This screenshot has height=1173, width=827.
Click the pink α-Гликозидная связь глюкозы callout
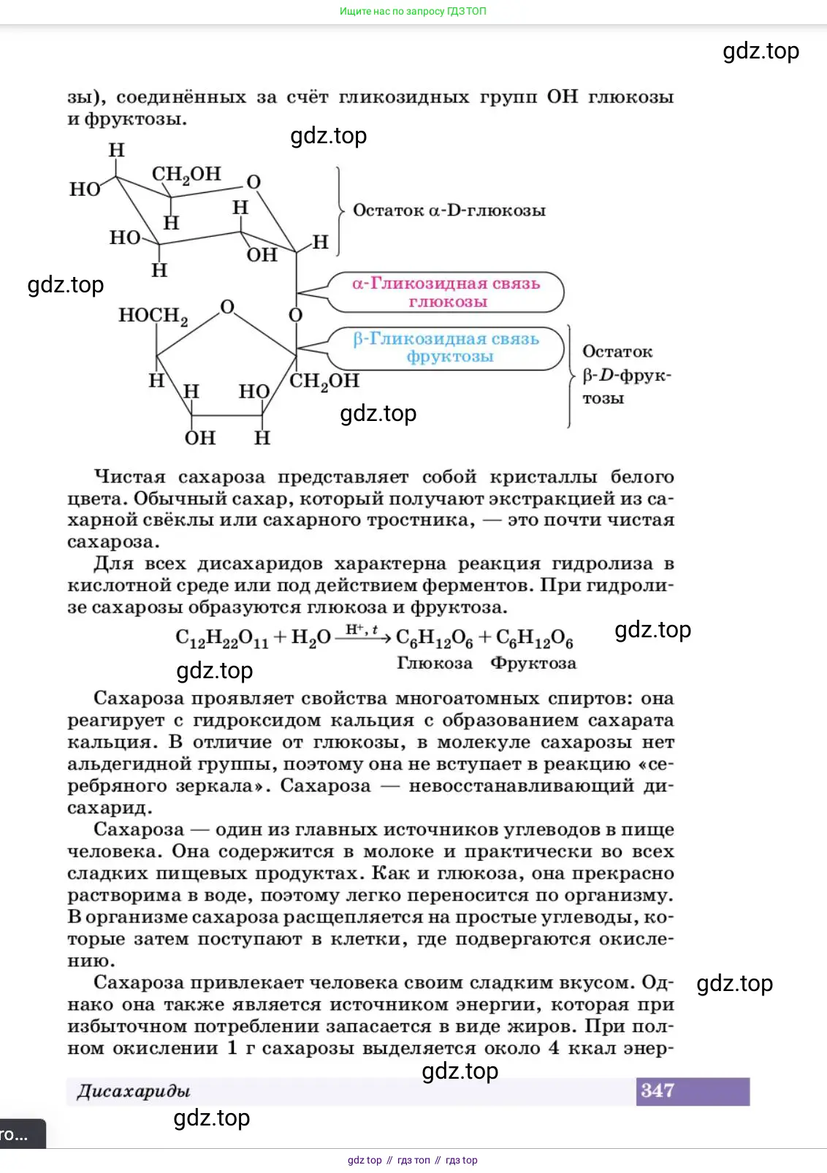[446, 292]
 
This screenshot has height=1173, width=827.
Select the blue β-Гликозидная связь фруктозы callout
[446, 348]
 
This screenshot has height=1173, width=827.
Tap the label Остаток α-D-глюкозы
[449, 210]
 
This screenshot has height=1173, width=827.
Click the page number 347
[657, 1090]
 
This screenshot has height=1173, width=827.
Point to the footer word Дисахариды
[134, 1091]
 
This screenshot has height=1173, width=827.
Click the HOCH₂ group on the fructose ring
[153, 316]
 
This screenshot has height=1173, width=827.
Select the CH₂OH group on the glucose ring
[186, 175]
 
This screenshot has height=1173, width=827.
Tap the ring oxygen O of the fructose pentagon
[227, 307]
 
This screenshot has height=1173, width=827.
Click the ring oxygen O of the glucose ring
[254, 182]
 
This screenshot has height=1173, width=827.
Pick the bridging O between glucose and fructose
[295, 315]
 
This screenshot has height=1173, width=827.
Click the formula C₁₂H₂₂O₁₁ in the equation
[221, 639]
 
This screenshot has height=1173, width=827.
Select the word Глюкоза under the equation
[434, 663]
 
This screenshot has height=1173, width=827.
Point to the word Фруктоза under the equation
[533, 663]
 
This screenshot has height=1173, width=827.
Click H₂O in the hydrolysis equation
[310, 639]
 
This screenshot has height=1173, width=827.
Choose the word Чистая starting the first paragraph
[128, 477]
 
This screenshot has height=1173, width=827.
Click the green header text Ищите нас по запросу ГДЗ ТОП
[413, 12]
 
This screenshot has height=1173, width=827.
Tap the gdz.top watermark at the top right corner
[761, 51]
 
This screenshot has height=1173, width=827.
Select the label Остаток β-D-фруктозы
[625, 375]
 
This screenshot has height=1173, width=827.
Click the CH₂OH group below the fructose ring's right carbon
[324, 381]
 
